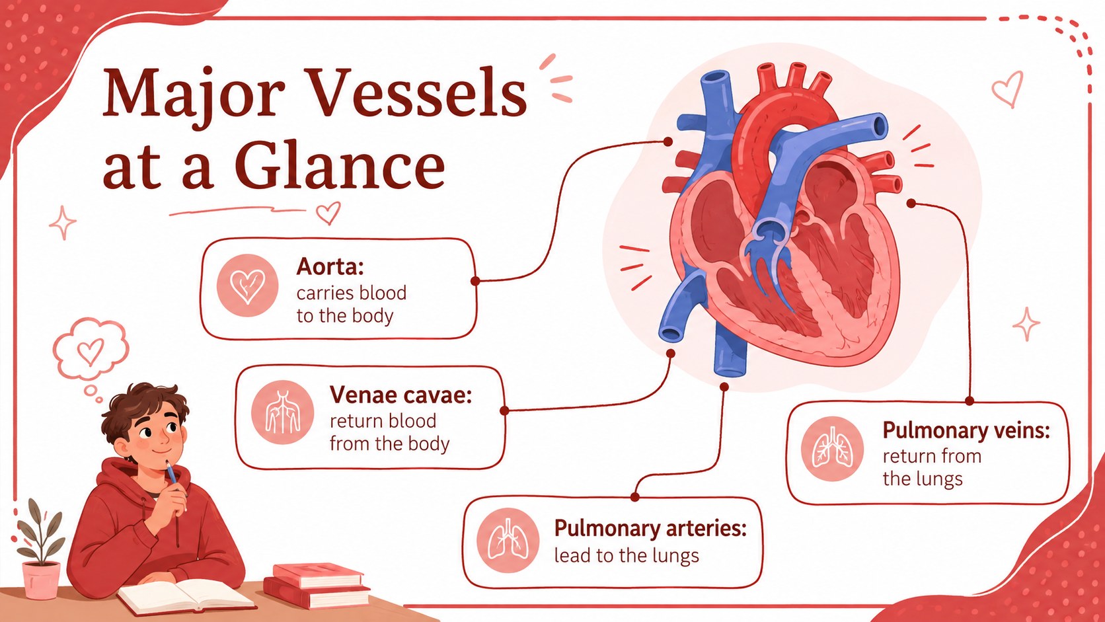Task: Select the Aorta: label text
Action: point(330,267)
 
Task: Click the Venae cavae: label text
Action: point(401,395)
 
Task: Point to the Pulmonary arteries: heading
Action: point(650,528)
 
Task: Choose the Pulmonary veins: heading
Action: point(966,430)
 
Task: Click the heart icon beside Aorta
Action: point(248,285)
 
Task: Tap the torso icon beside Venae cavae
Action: point(283,412)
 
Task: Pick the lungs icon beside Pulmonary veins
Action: point(832,449)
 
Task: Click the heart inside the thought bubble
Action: point(91,351)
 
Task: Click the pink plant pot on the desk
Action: point(42,580)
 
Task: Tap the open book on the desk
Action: point(186,596)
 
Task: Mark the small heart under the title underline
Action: point(328,213)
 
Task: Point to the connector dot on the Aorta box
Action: point(476,281)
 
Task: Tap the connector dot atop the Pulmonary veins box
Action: point(970,401)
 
